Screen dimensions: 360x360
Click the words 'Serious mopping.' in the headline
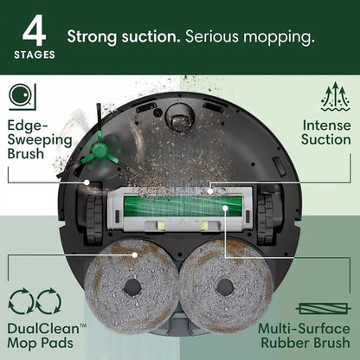coord(247,38)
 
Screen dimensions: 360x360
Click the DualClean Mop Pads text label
coord(47,337)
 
